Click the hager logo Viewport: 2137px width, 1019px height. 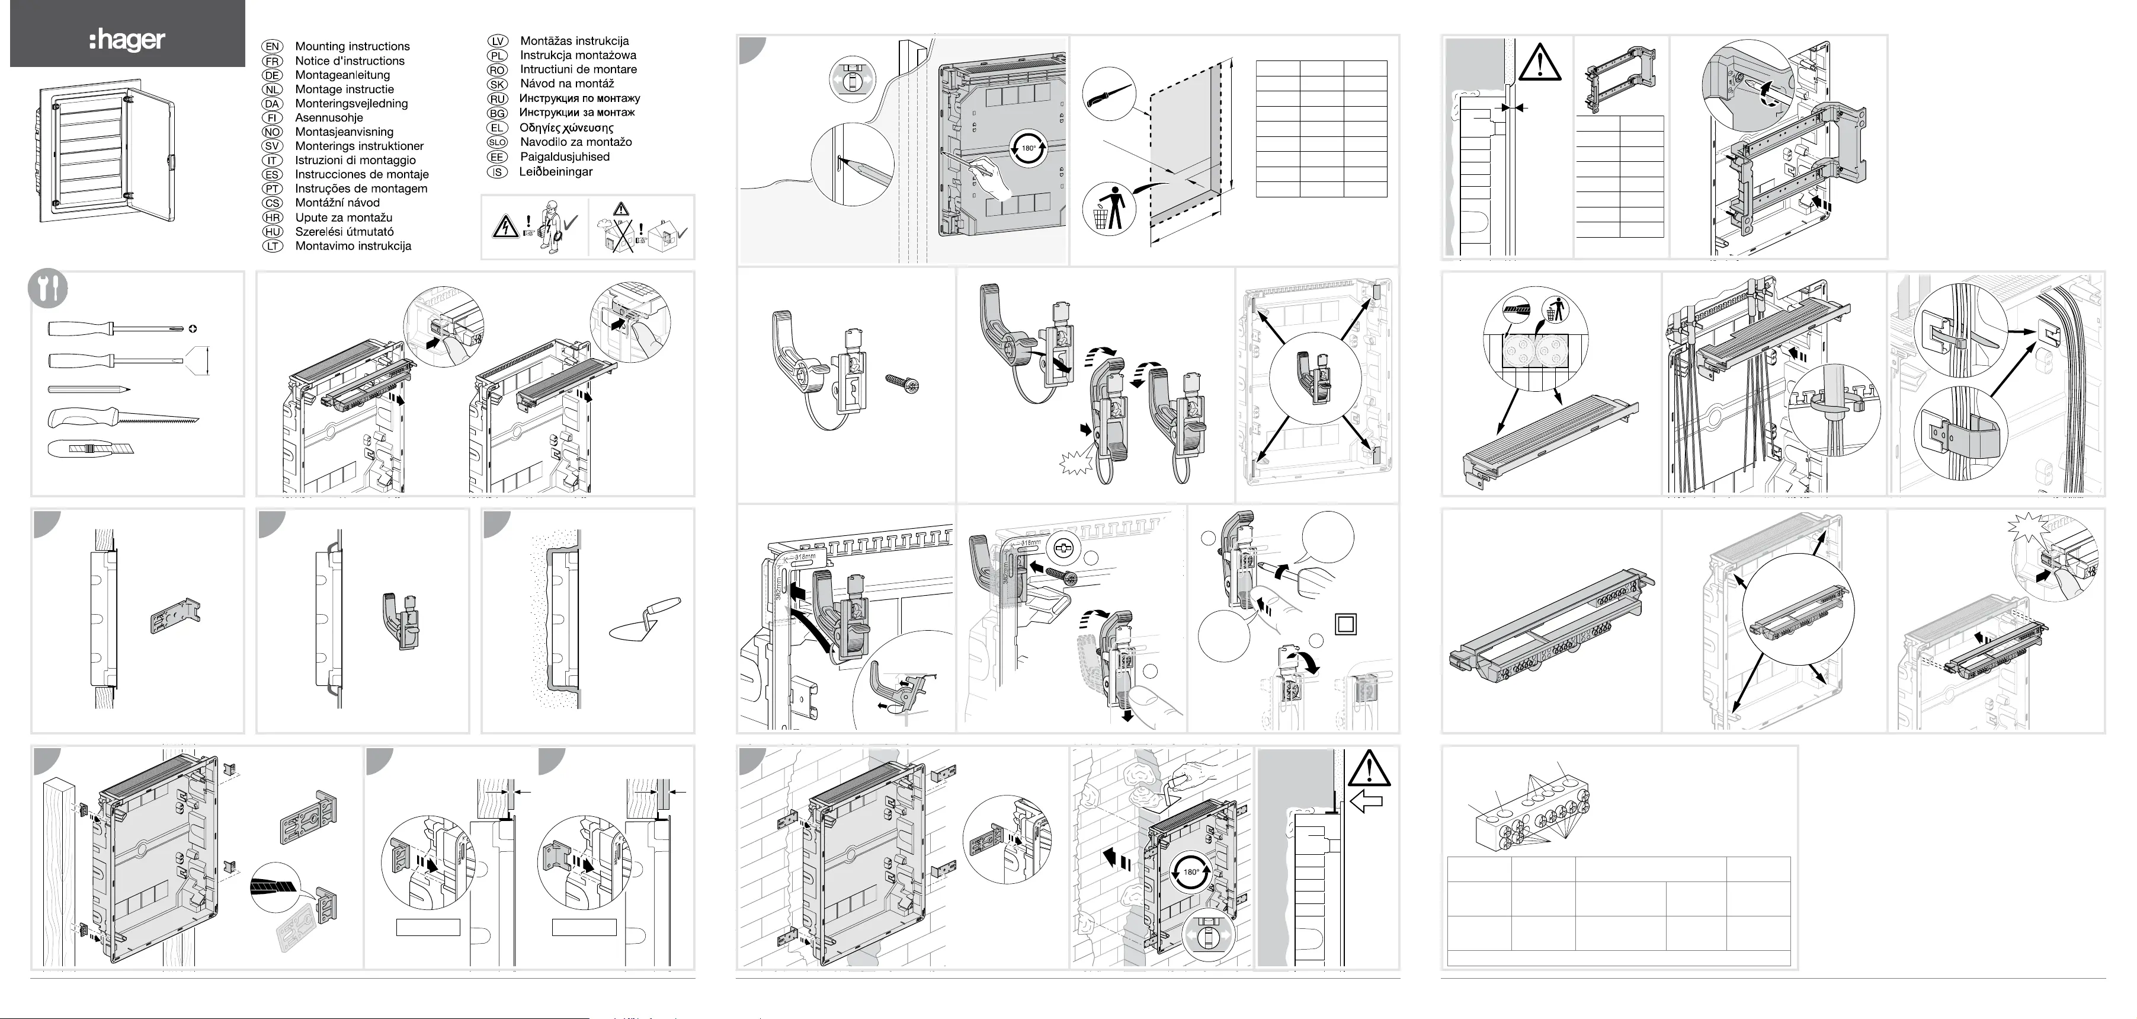click(127, 40)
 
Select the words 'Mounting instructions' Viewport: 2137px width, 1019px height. click(352, 46)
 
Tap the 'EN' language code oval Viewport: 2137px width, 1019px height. click(272, 46)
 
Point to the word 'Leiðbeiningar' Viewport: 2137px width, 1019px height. click(556, 172)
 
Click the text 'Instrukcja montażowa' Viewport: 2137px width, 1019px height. click(578, 55)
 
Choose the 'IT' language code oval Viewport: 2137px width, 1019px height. click(272, 160)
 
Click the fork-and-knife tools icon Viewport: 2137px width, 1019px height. click(48, 288)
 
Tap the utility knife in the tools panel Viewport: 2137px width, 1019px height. click(91, 450)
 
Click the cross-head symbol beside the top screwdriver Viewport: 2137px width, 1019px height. click(193, 328)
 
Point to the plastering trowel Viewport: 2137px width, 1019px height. click(645, 619)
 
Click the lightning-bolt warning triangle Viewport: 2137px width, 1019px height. click(505, 226)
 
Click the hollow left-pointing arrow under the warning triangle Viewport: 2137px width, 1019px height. click(1366, 801)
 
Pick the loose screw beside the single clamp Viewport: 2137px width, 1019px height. click(904, 384)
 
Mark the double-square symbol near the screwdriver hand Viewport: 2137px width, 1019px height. click(1345, 624)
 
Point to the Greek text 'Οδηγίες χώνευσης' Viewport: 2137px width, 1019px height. click(566, 128)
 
